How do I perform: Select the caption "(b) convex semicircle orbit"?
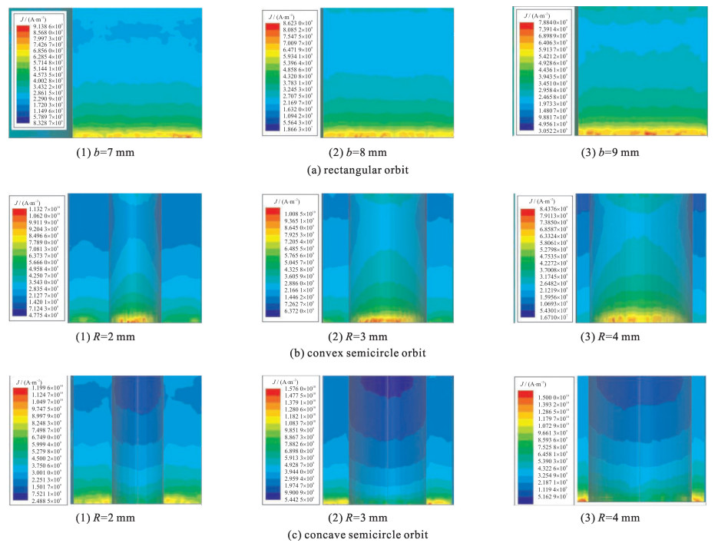click(x=357, y=352)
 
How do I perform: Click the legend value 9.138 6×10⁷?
click(x=50, y=27)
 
